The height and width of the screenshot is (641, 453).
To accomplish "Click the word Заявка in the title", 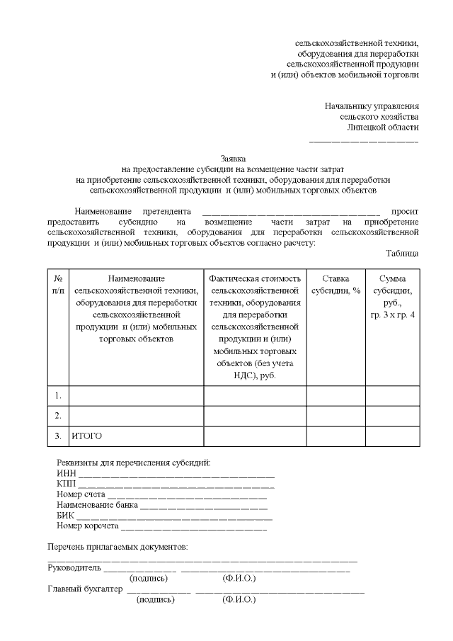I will coord(234,159).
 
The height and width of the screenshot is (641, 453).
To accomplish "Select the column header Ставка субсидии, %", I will coord(336,285).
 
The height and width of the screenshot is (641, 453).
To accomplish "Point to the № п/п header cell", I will coord(59,285).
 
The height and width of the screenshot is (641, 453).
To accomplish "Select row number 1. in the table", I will coord(59,395).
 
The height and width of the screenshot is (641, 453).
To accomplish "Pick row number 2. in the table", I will coord(59,415).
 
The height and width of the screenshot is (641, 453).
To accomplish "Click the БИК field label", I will coord(65,516).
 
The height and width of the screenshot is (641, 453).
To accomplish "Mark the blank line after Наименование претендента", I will coord(291,211).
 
